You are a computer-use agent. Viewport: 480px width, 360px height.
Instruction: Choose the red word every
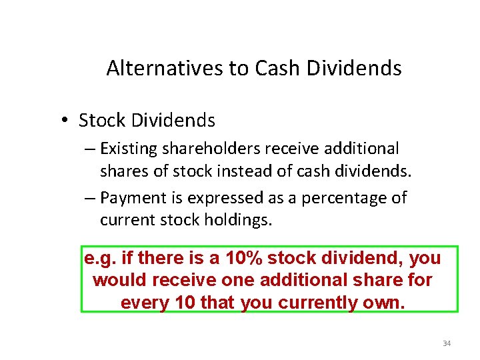(144, 303)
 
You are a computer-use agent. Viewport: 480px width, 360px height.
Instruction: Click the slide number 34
(447, 344)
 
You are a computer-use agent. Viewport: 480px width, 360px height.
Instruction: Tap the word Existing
(132, 149)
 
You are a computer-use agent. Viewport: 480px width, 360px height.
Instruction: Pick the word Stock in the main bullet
(102, 121)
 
